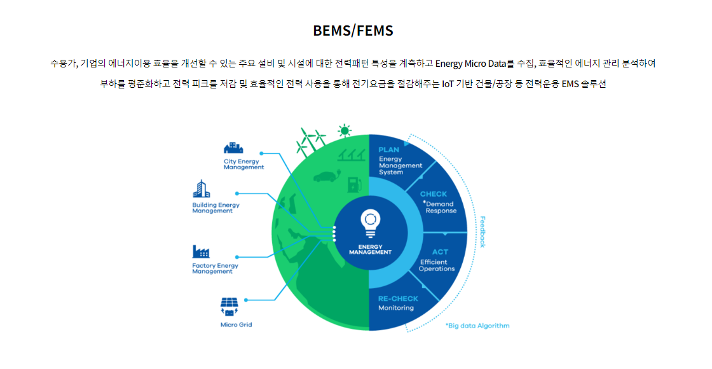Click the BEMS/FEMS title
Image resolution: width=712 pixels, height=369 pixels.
(x=353, y=31)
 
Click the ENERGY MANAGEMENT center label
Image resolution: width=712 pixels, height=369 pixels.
(x=370, y=249)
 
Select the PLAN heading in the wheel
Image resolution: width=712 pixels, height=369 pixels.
(x=388, y=150)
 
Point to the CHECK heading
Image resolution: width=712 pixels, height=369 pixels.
(x=433, y=194)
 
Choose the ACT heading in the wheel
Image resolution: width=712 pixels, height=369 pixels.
(x=440, y=252)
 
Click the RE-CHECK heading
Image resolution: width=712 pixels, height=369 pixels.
(x=398, y=298)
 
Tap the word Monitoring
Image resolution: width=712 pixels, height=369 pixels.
(x=396, y=308)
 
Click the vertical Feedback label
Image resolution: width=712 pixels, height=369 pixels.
(x=483, y=232)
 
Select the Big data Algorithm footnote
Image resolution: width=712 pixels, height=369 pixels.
(x=477, y=325)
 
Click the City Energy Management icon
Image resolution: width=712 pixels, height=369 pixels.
(x=233, y=148)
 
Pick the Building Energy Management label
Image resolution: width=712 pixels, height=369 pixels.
(x=216, y=207)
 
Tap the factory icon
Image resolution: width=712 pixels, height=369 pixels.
(x=201, y=252)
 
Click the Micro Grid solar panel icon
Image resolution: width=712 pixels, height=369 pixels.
(x=229, y=306)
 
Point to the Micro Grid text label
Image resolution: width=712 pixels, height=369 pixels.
(x=236, y=324)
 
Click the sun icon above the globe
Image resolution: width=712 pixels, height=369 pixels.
(x=345, y=131)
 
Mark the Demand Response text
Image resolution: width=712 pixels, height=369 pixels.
(x=440, y=207)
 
